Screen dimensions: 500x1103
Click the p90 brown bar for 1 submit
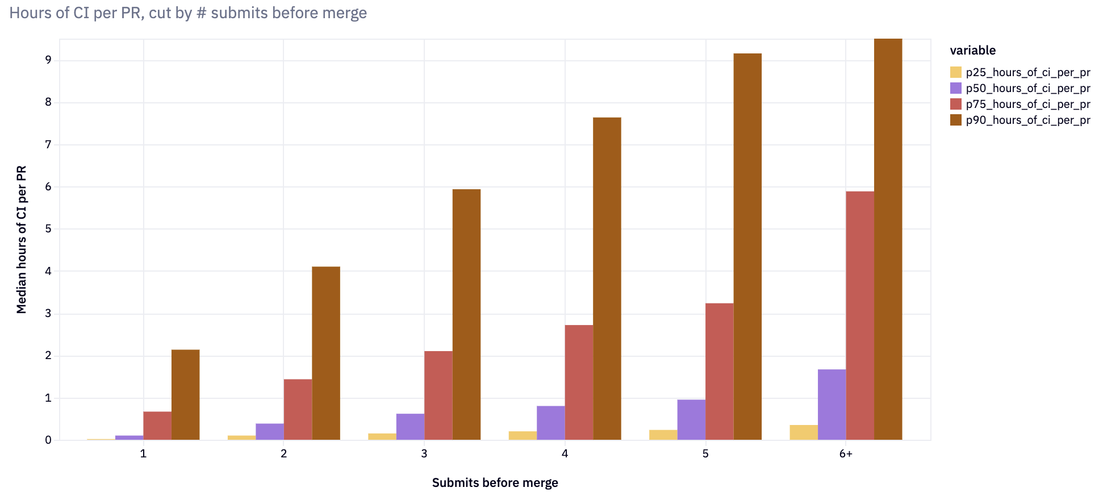(x=185, y=394)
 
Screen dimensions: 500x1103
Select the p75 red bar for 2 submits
(x=298, y=409)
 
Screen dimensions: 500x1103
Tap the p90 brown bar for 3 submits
(x=466, y=314)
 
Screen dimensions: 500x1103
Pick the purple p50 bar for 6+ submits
(x=832, y=405)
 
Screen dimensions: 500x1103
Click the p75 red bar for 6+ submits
(x=860, y=315)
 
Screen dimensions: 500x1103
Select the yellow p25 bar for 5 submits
(x=663, y=435)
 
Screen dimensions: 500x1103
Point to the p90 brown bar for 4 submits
(x=607, y=278)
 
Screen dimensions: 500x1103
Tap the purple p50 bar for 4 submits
(x=550, y=423)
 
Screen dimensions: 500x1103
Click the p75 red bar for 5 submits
(x=719, y=371)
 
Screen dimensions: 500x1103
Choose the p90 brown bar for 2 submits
(x=326, y=353)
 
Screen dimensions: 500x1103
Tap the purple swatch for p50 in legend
(x=956, y=88)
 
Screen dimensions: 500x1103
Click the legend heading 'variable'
(x=972, y=50)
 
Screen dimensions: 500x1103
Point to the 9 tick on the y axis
(x=48, y=60)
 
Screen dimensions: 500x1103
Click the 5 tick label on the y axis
(x=48, y=229)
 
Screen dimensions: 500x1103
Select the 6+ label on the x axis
(x=846, y=453)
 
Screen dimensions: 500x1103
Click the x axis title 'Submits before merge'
(x=495, y=482)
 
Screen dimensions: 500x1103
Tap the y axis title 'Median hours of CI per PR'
(x=22, y=239)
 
